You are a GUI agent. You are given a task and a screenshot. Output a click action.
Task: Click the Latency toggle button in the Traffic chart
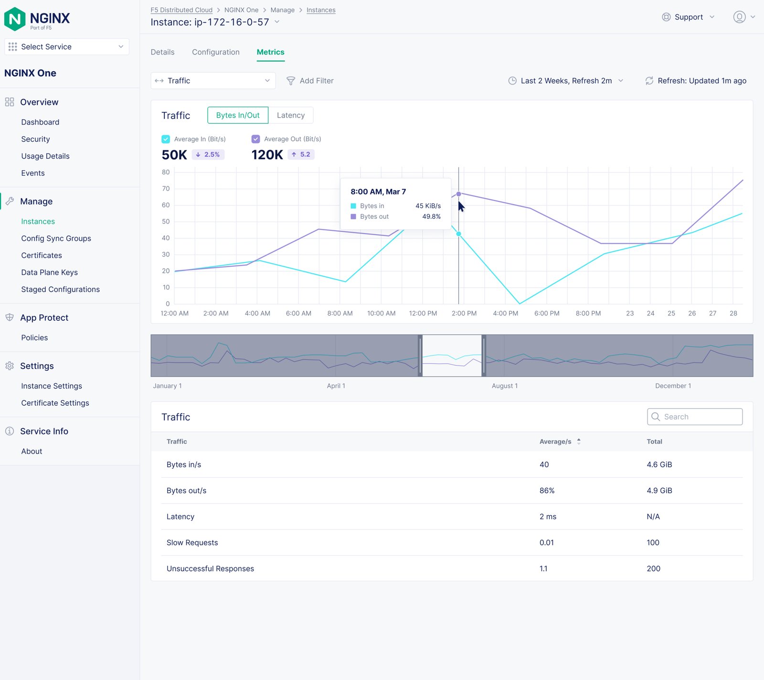(290, 115)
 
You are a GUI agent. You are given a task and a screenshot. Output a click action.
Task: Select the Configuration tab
(216, 52)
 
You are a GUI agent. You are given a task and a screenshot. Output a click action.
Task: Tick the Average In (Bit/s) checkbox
(166, 139)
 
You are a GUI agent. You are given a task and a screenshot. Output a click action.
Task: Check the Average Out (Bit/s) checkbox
(255, 139)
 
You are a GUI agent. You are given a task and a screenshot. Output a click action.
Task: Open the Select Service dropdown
(67, 47)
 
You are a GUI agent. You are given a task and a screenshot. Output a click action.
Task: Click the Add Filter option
(310, 81)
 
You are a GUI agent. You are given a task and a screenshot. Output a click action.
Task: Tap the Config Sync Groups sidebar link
(56, 238)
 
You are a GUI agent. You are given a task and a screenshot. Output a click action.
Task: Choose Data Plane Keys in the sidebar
(49, 272)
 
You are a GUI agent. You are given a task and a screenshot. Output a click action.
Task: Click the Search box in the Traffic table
(695, 417)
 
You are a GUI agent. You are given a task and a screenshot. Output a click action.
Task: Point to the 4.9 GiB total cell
(659, 491)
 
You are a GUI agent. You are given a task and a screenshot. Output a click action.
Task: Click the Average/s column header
(555, 442)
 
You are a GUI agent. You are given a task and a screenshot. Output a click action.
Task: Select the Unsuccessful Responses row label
(210, 569)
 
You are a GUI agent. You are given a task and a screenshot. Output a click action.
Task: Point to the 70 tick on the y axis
(166, 189)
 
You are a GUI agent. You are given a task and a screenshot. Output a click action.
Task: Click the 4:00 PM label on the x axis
(505, 313)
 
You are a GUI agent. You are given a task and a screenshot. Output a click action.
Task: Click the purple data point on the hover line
(458, 194)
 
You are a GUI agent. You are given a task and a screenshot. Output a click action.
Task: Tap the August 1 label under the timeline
(504, 386)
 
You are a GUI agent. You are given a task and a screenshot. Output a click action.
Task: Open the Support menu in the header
(688, 17)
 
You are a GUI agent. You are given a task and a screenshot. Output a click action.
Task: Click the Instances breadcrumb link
(321, 10)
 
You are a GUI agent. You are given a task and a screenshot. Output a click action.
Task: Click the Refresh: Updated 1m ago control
(696, 81)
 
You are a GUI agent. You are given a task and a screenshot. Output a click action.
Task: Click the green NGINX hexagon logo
(15, 19)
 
